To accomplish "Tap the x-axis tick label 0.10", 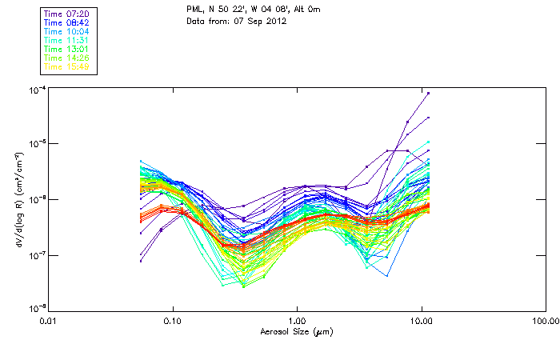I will point(173,320).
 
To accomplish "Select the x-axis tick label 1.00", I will point(298,320).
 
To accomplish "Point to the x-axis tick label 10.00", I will point(422,320).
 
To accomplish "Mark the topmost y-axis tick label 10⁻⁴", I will point(36,90).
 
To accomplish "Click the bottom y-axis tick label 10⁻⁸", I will point(36,308).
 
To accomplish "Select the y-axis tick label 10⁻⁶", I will point(36,199).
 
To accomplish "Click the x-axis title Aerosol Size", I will point(297,331).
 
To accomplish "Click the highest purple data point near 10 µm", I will point(429,94).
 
